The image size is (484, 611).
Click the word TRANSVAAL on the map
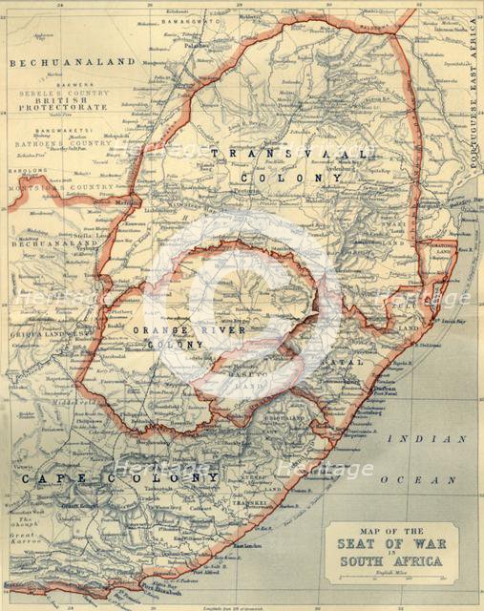287,154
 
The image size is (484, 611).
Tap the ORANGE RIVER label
189,330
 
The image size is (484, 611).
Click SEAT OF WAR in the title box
390,545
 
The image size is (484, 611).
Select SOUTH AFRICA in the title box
391,561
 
